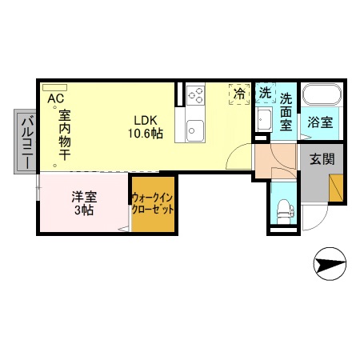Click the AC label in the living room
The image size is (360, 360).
[56, 98]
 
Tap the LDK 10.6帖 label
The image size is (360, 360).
[148, 127]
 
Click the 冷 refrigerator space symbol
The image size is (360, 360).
[239, 94]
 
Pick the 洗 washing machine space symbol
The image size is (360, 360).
[265, 93]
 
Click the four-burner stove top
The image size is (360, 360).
[196, 96]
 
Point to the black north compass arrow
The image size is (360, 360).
[330, 261]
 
